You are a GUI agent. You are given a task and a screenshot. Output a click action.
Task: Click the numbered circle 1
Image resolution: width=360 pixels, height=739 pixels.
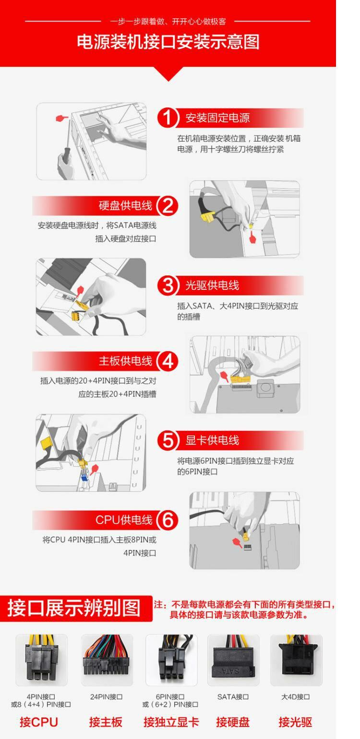[168, 118]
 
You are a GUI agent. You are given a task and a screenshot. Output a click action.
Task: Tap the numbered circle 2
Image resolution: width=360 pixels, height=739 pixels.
[168, 206]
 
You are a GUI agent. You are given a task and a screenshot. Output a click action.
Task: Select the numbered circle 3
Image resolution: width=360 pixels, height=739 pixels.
[168, 286]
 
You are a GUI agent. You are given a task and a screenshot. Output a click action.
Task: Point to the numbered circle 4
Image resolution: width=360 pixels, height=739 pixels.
[168, 361]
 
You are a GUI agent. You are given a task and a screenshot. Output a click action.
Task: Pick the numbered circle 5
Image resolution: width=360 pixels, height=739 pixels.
[168, 441]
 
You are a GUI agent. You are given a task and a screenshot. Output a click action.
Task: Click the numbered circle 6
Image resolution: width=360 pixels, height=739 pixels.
[168, 520]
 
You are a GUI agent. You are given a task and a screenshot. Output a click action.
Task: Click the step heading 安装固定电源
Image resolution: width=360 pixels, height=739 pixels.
[217, 118]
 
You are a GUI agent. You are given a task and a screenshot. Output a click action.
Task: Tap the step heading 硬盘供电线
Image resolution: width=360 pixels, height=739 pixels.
[125, 206]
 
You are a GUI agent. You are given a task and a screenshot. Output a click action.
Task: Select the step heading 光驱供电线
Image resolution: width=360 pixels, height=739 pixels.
[212, 286]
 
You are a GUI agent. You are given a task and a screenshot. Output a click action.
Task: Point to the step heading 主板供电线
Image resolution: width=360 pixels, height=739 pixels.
[125, 361]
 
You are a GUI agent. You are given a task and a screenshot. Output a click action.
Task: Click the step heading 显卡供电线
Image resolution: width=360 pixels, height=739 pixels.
[212, 441]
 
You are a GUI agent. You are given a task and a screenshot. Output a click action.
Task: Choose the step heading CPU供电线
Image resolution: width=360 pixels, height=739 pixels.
[124, 520]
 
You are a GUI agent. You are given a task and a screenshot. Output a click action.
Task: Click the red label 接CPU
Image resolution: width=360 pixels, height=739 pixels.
[38, 722]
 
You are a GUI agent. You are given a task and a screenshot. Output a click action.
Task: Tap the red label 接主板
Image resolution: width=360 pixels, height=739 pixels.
[106, 722]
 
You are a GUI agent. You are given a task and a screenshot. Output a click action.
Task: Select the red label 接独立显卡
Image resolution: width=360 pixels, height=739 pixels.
[171, 722]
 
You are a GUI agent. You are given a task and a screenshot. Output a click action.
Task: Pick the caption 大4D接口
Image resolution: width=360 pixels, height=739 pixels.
[295, 697]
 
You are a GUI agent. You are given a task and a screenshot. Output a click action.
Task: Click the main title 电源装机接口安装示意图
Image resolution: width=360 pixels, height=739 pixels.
[168, 42]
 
